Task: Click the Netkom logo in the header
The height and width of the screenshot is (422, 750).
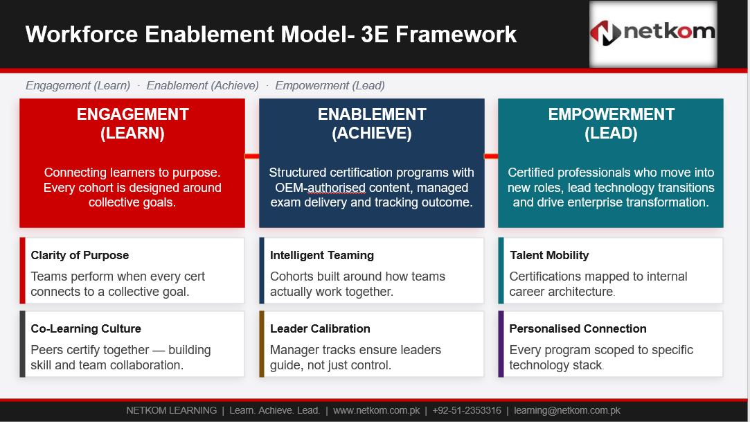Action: point(653,33)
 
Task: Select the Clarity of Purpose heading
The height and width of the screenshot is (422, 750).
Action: point(80,255)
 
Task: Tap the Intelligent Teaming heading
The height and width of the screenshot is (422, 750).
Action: point(322,255)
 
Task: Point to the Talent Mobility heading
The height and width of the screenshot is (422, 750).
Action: point(549,255)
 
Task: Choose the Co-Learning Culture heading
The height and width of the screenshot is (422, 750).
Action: point(86,328)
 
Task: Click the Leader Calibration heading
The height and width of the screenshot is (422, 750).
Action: point(320,328)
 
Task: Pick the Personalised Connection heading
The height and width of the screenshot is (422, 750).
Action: point(578,328)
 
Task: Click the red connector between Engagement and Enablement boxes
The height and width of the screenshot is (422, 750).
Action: point(252,156)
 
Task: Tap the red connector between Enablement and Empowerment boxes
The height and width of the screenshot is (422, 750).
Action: point(491,156)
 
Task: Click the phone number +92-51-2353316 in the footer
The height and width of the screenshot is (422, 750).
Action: point(467,410)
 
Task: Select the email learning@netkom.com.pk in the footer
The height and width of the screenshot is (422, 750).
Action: point(567,410)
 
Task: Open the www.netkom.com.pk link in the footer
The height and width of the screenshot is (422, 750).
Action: point(377,410)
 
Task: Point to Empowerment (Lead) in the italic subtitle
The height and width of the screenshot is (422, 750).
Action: point(330,86)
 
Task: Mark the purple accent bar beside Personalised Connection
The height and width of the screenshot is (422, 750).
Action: point(501,344)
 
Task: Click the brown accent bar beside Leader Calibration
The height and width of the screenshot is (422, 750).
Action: point(262,344)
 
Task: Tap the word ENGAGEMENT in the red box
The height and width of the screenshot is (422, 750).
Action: point(133,114)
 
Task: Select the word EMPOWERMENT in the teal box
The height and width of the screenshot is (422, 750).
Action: point(611,114)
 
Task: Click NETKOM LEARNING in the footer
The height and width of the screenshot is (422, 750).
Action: point(171,410)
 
